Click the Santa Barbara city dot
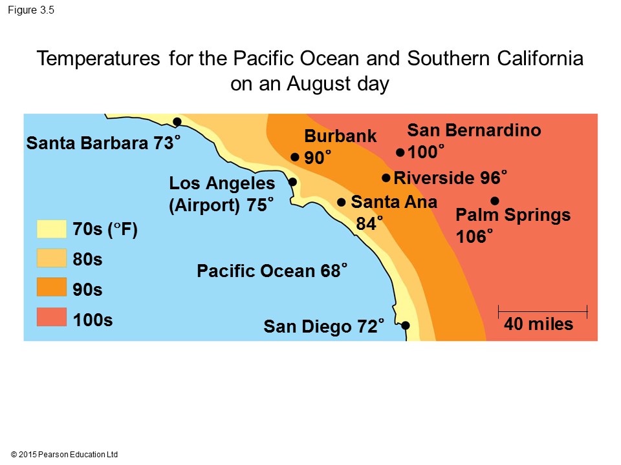click(x=177, y=122)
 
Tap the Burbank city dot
click(x=295, y=157)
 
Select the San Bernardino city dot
click(x=400, y=152)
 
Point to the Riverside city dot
click(x=386, y=178)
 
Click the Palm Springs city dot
click(x=495, y=201)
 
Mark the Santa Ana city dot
click(x=341, y=202)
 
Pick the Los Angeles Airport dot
click(x=292, y=182)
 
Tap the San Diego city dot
click(x=405, y=325)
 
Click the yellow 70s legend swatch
click(x=52, y=229)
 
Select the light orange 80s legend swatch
click(x=52, y=258)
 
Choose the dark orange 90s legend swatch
click(x=52, y=287)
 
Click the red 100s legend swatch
click(x=52, y=317)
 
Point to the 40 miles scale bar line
click(x=543, y=311)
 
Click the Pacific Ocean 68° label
click(x=272, y=271)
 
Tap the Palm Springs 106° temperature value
click(x=474, y=236)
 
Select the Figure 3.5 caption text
click(x=31, y=10)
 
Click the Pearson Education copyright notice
click(x=64, y=454)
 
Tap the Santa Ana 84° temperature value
click(x=369, y=223)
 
